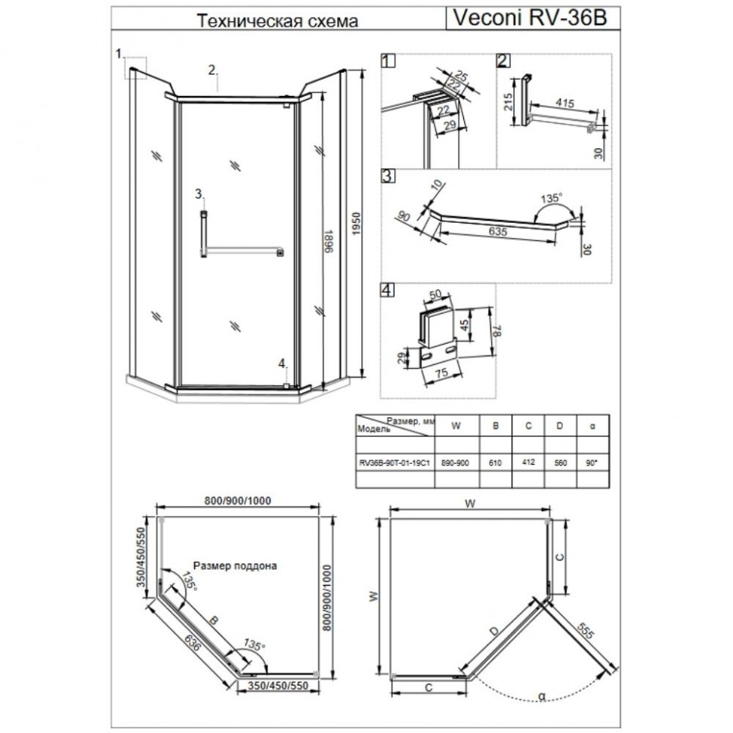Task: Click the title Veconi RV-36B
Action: pyautogui.click(x=530, y=18)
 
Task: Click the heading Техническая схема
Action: pyautogui.click(x=277, y=20)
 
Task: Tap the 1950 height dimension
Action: pyautogui.click(x=356, y=224)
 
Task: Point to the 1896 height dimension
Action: pyautogui.click(x=329, y=241)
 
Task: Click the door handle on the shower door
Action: pyautogui.click(x=204, y=234)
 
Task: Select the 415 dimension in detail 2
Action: pyautogui.click(x=564, y=102)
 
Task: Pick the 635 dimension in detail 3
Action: pyautogui.click(x=497, y=231)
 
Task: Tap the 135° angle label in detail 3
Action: pyautogui.click(x=551, y=198)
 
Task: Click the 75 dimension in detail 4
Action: pyautogui.click(x=441, y=373)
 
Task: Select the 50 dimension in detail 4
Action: pyautogui.click(x=435, y=295)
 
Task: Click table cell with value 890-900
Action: pyautogui.click(x=456, y=462)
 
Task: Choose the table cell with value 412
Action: pyautogui.click(x=528, y=462)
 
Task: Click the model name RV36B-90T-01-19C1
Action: pyautogui.click(x=394, y=463)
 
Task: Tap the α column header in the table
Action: pyautogui.click(x=592, y=426)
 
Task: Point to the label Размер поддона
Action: pyautogui.click(x=235, y=566)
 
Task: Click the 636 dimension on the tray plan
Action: pyautogui.click(x=191, y=643)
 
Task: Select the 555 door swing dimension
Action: pyautogui.click(x=585, y=631)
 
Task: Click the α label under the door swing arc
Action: pyautogui.click(x=542, y=696)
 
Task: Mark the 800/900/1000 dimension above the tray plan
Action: pyautogui.click(x=238, y=501)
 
